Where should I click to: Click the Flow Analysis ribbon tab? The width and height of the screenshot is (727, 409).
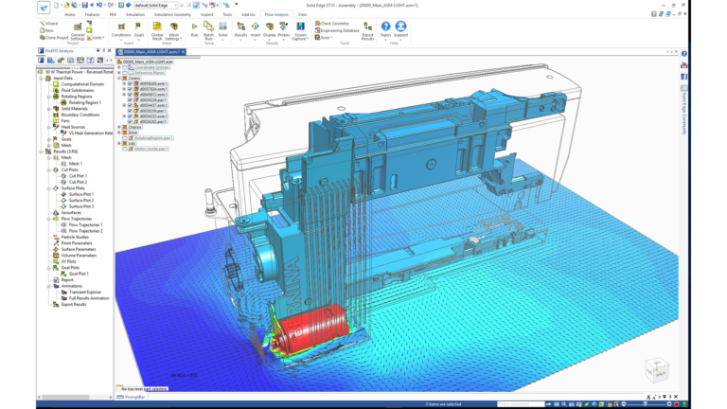point(275,15)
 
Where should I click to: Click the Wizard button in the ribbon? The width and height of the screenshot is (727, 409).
point(49,23)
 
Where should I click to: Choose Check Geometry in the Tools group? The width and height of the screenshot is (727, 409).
point(334,23)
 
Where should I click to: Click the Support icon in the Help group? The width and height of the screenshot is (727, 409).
point(401,30)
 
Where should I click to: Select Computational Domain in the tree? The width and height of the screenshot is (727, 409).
point(80,83)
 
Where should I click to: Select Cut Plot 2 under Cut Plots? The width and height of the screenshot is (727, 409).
point(78,182)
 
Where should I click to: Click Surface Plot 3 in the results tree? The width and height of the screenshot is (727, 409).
point(81,206)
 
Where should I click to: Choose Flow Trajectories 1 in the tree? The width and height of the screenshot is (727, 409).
point(85,224)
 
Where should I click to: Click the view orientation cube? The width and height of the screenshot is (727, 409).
point(654,368)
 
